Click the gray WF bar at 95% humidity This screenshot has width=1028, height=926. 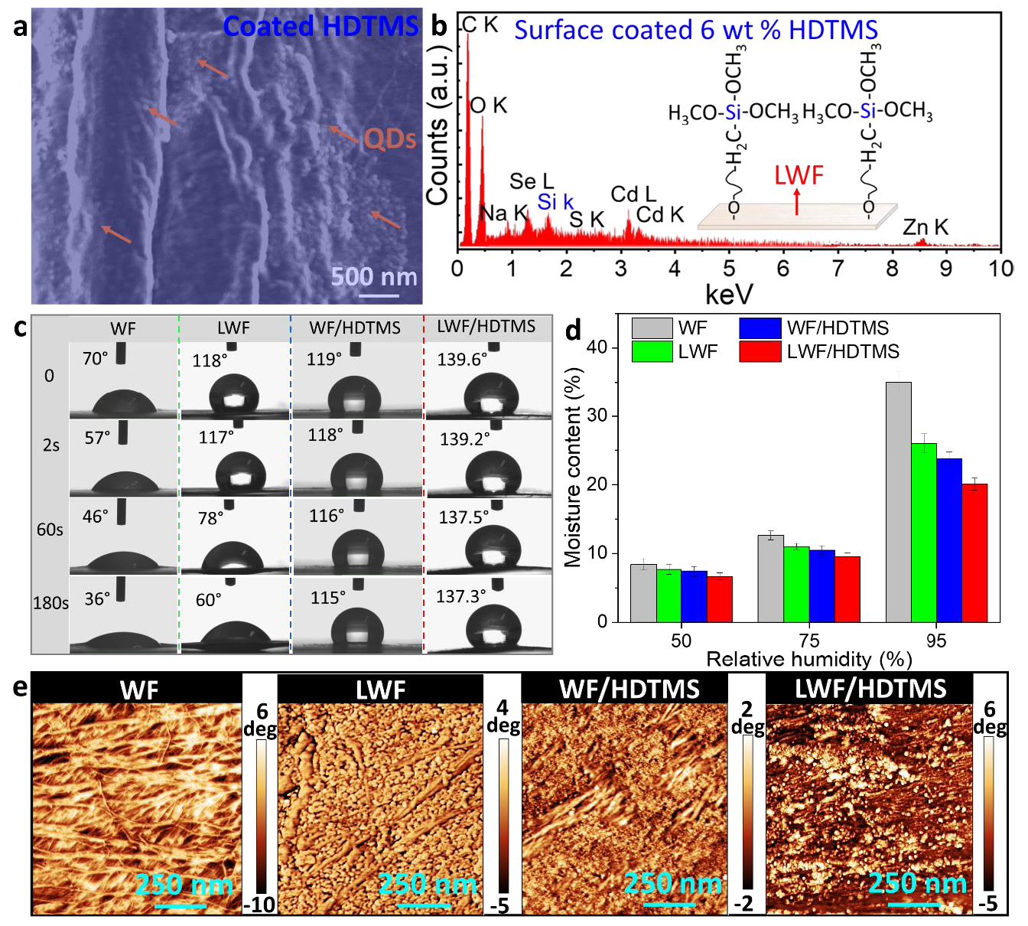click(x=898, y=501)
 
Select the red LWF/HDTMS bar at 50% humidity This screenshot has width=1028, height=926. click(x=720, y=598)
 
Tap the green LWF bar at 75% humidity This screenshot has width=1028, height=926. click(x=796, y=584)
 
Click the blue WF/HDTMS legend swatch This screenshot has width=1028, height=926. click(x=760, y=328)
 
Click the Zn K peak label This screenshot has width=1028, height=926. click(x=926, y=227)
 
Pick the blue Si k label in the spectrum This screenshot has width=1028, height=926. click(x=555, y=202)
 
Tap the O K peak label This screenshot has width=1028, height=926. click(x=489, y=106)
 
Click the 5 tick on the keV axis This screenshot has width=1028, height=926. click(x=729, y=269)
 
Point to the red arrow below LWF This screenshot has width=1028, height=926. click(x=796, y=202)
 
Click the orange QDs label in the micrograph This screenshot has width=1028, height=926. click(x=390, y=139)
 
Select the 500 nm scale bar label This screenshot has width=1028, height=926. click(x=374, y=276)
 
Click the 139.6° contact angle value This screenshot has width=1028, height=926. click(x=462, y=359)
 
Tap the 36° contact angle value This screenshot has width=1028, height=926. click(x=97, y=598)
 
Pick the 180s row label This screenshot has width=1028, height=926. click(x=50, y=603)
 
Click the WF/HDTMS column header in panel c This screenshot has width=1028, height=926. click(x=355, y=328)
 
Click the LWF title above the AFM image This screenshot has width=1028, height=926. click(x=380, y=690)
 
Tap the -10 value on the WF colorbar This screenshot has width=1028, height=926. click(x=259, y=905)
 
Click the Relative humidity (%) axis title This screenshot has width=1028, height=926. click(x=808, y=660)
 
